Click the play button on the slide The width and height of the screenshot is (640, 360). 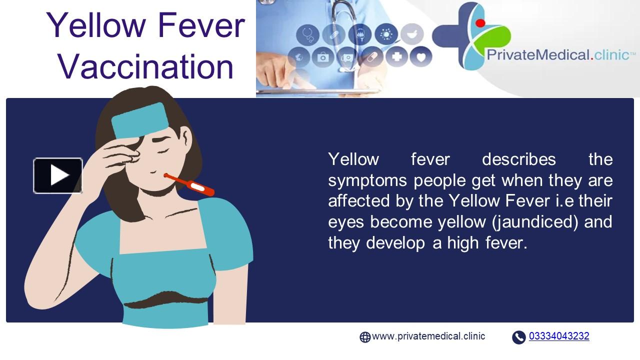[58, 175]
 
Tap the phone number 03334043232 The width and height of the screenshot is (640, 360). [558, 336]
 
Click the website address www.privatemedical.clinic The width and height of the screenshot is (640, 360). [428, 336]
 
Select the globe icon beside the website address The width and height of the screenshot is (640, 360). [365, 337]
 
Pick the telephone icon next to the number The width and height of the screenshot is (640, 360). [518, 337]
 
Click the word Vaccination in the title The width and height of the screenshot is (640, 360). [145, 66]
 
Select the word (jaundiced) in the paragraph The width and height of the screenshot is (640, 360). [535, 221]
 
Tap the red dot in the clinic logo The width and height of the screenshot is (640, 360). [480, 22]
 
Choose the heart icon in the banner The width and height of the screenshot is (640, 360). [421, 56]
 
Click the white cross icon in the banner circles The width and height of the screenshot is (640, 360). [396, 56]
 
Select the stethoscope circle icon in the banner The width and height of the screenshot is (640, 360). [307, 35]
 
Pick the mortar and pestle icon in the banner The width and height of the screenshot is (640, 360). [411, 34]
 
